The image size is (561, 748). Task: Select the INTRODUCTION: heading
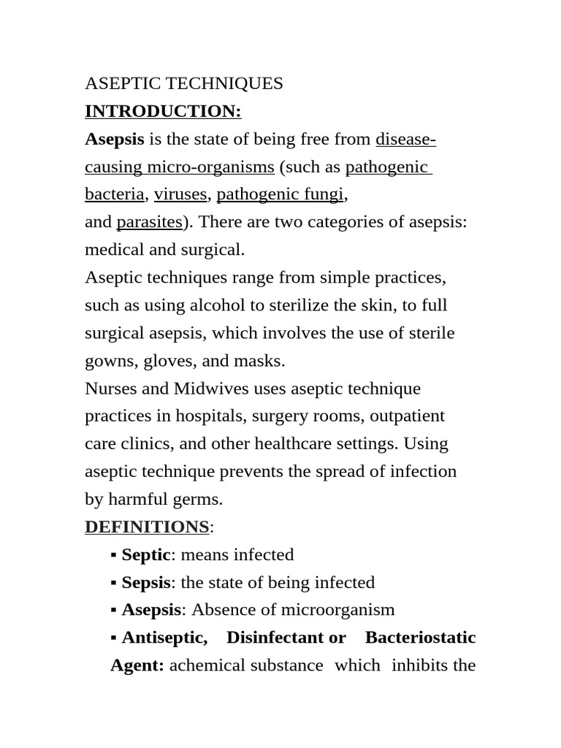(x=163, y=112)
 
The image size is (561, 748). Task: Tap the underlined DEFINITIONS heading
(x=147, y=527)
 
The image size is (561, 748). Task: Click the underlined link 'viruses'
(x=180, y=194)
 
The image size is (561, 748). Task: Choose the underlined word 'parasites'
(x=149, y=222)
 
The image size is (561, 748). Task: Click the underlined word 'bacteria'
(x=115, y=194)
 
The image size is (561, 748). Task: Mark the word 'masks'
(x=259, y=361)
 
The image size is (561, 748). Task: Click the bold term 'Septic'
(x=146, y=555)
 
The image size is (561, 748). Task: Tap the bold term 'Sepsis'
(x=146, y=583)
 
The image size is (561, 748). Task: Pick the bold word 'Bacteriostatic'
(x=420, y=638)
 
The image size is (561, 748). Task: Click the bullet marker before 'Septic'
(x=114, y=556)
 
